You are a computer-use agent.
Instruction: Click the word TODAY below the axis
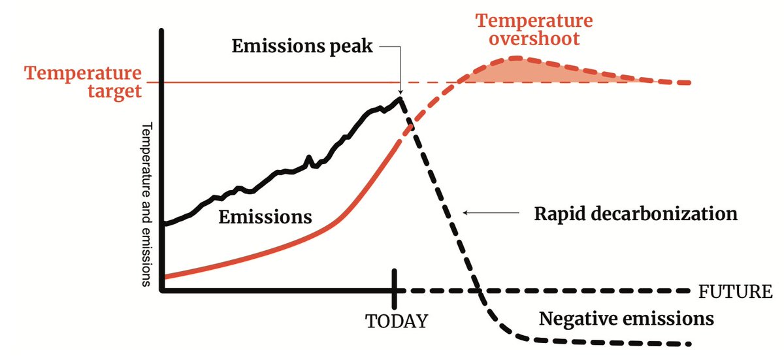[x=397, y=321]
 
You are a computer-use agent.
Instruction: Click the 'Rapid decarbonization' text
[x=635, y=214]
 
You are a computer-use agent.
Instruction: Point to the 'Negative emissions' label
[x=626, y=319]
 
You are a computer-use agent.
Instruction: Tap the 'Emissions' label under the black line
[x=265, y=216]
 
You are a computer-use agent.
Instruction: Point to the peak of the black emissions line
[x=399, y=98]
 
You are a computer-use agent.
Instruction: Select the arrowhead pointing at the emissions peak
[x=399, y=91]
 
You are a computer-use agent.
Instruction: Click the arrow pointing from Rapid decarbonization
[x=484, y=212]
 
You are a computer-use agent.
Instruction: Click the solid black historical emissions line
[x=274, y=174]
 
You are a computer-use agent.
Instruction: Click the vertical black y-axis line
[x=161, y=163]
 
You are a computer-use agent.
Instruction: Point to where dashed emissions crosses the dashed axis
[x=478, y=290]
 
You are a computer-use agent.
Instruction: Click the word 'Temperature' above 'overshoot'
[x=534, y=20]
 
